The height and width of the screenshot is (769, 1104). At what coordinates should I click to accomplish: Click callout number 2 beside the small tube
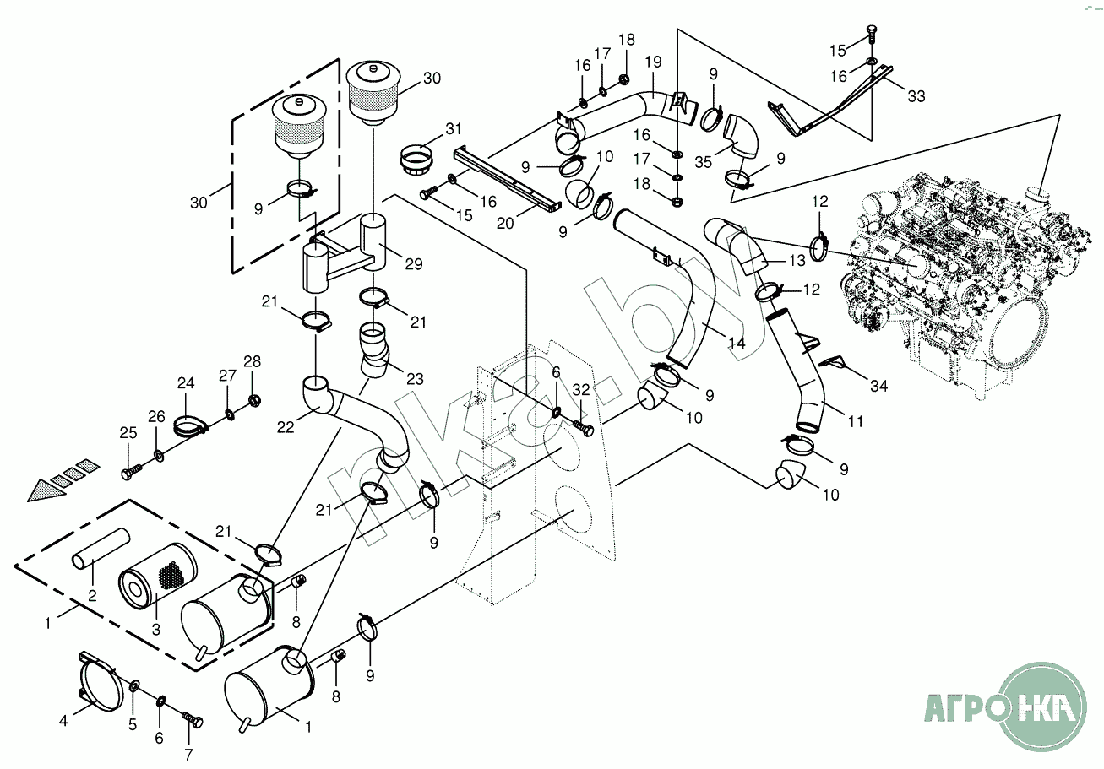click(93, 594)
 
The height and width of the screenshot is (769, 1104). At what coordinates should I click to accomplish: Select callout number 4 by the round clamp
click(63, 721)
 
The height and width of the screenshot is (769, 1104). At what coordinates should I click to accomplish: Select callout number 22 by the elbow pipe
click(285, 427)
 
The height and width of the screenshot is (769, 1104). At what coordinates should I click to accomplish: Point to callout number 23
click(414, 379)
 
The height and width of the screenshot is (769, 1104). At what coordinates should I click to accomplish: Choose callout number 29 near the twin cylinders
click(413, 264)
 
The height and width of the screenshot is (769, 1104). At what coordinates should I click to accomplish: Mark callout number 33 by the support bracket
click(916, 96)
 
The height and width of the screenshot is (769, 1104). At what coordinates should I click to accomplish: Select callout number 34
click(878, 386)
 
